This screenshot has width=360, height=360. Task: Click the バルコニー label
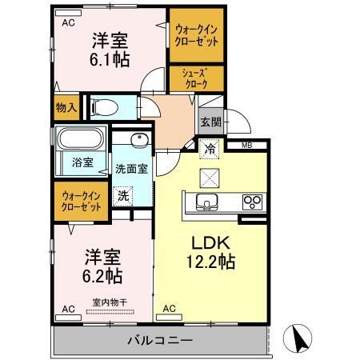tap(160, 341)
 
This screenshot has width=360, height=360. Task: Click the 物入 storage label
tap(66, 106)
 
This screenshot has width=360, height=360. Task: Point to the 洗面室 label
tap(131, 169)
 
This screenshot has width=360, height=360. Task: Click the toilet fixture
tap(105, 106)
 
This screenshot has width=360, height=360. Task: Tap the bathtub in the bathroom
tap(80, 139)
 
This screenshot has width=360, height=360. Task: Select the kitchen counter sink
tap(206, 201)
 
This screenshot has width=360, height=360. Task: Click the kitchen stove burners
tap(253, 201)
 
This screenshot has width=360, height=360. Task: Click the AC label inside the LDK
tap(169, 308)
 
